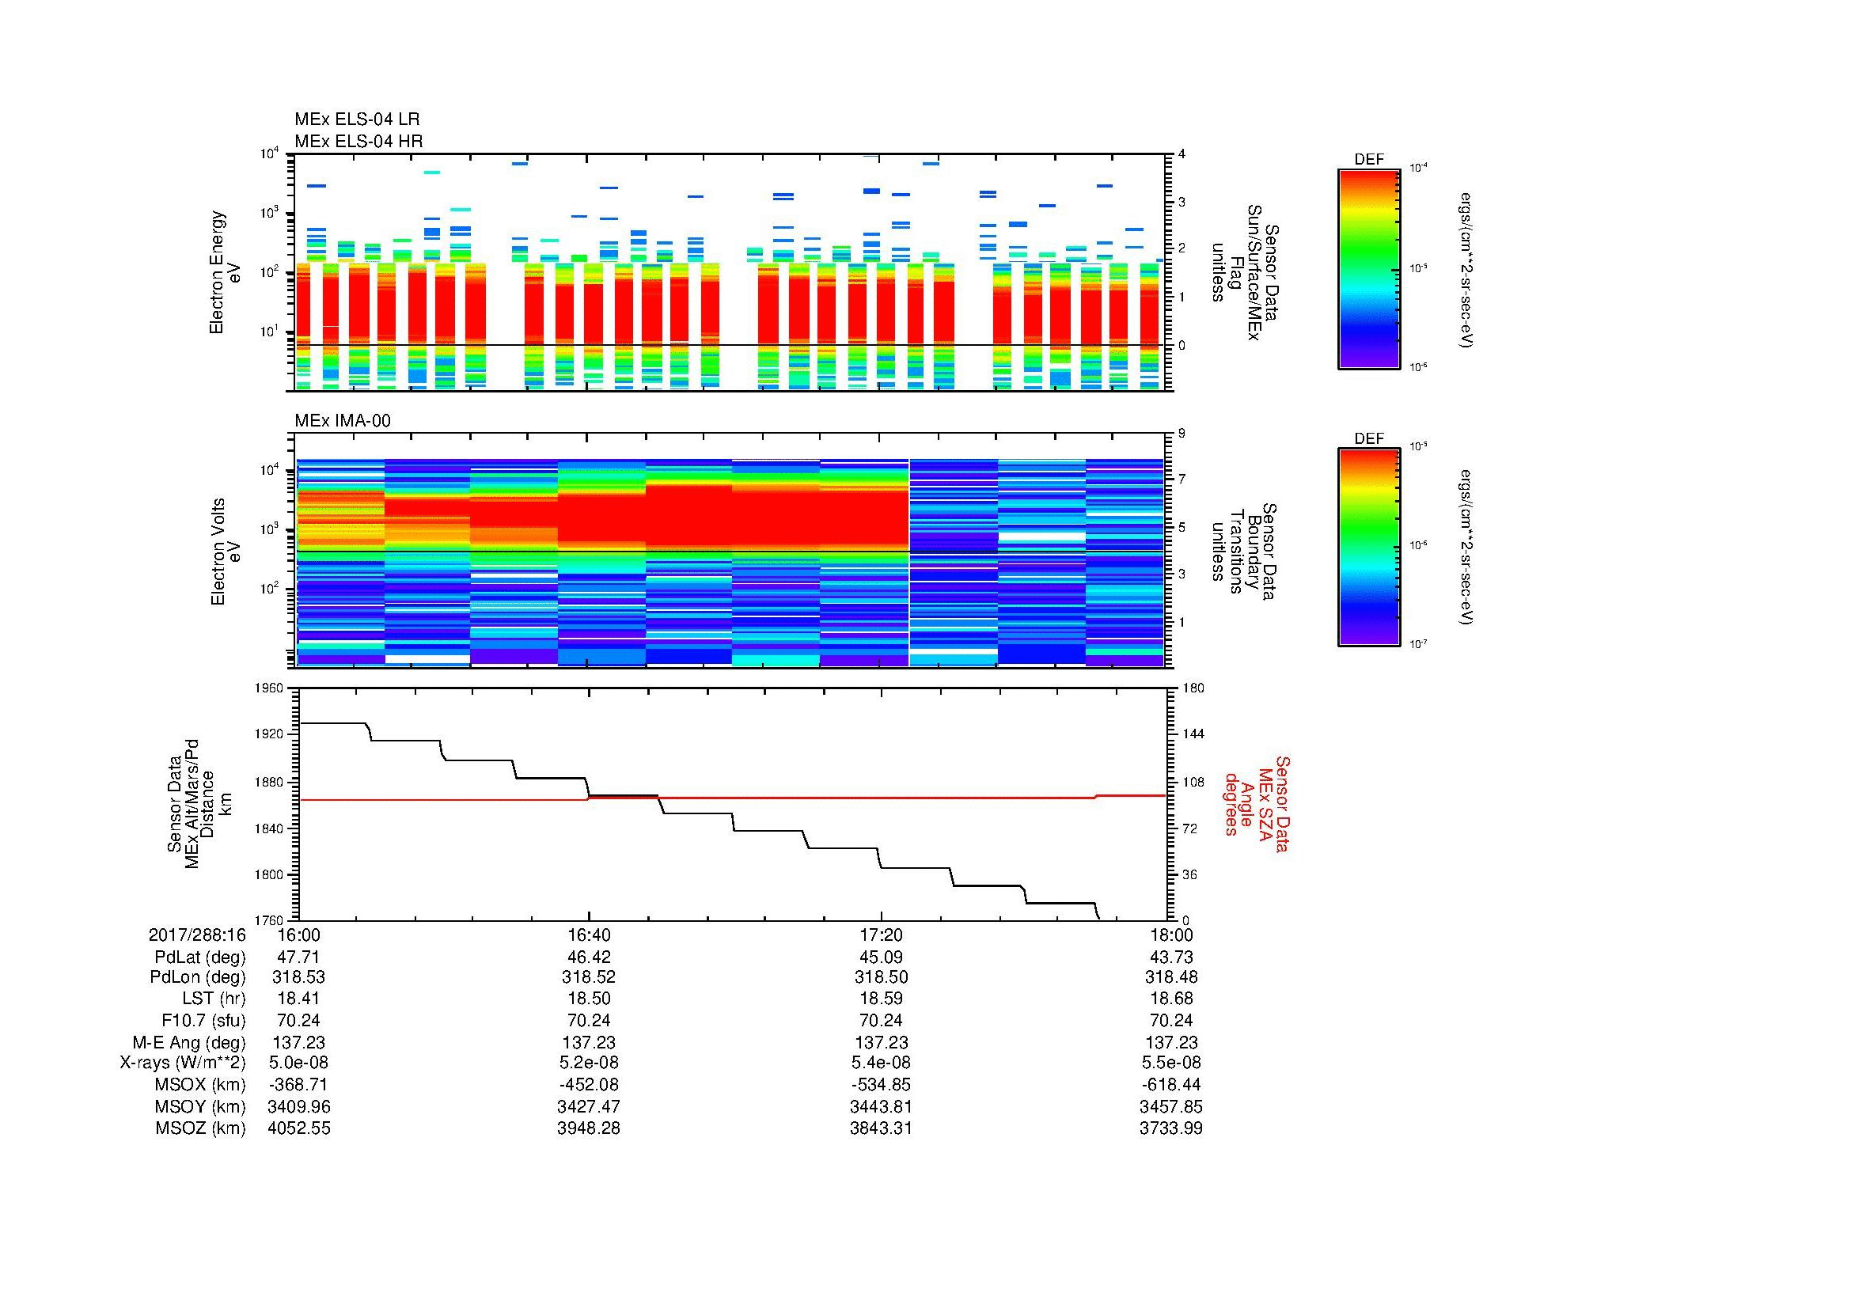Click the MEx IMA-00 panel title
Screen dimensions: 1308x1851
tap(342, 421)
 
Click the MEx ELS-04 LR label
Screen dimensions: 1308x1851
tap(356, 119)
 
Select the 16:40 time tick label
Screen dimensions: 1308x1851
tap(589, 935)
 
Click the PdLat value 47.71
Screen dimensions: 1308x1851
tap(298, 957)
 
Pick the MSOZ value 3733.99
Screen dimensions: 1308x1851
tap(1170, 1128)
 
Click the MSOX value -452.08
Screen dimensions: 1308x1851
tap(589, 1085)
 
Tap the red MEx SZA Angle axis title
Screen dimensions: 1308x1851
tap(1256, 803)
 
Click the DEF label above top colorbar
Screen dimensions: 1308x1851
tap(1368, 160)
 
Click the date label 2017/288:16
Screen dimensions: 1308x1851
tap(197, 935)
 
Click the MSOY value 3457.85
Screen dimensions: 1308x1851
tap(1170, 1106)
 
